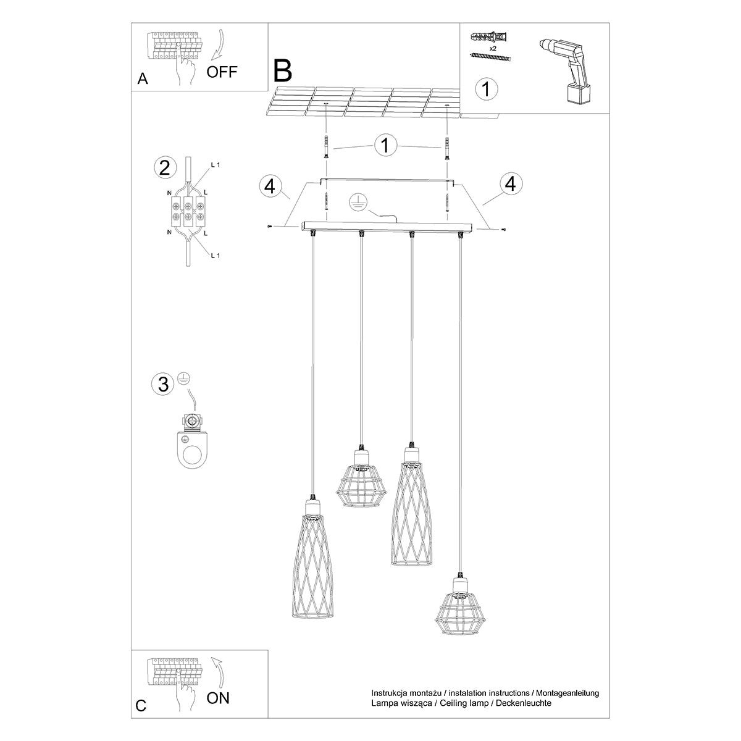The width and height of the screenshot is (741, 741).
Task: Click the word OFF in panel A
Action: (x=222, y=72)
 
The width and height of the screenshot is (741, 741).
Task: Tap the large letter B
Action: (x=283, y=72)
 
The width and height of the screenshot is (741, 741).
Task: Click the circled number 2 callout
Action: (x=164, y=167)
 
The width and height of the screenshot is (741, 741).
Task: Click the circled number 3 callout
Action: (x=163, y=384)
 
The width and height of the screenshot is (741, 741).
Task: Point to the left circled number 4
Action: (x=270, y=186)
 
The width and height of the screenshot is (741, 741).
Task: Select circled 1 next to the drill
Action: (x=486, y=88)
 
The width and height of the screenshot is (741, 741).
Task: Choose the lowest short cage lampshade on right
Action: (x=458, y=610)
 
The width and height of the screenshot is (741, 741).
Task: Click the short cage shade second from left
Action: (x=359, y=479)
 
